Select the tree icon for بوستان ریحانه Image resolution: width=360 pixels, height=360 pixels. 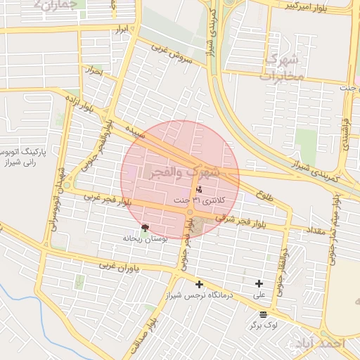pos(145,228)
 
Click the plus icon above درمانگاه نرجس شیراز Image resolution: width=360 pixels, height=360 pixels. pos(199,285)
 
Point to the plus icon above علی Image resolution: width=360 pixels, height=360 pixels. pos(259,283)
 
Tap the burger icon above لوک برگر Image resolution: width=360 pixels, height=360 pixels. pos(263,314)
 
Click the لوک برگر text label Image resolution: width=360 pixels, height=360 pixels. pos(263,326)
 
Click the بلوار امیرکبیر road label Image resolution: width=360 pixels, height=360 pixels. pos(309,8)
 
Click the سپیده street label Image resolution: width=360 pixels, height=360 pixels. pos(134,131)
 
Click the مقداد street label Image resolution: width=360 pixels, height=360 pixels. pos(314,229)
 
